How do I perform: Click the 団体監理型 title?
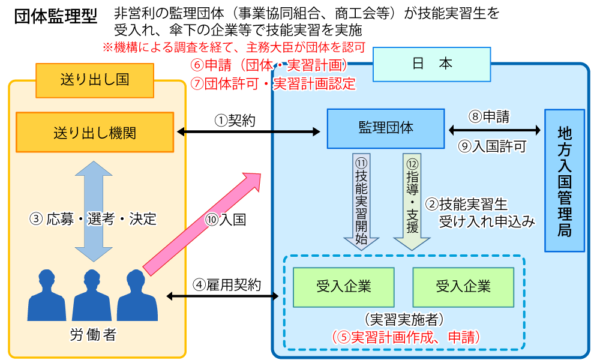pos(55,17)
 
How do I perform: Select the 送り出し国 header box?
pos(94,80)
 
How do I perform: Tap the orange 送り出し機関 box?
pos(94,133)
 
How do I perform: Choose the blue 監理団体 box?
pos(385,128)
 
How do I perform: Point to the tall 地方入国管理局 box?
pos(564,180)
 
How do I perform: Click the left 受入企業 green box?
pos(343,287)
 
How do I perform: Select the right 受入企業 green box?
pos(463,287)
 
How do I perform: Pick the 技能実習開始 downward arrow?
pos(361,201)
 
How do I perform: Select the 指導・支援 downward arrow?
pos(412,201)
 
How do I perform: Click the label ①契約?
pos(235,121)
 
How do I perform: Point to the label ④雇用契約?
pos(227,285)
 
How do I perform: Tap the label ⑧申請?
pos(488,117)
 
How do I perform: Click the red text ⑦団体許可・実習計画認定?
pos(272,84)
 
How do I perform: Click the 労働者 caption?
pos(93,335)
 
